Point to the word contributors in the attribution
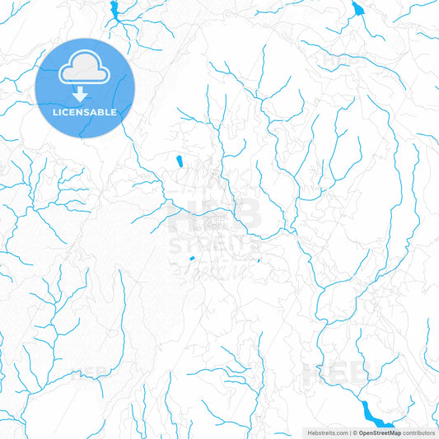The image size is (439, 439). pyautogui.click(x=418, y=432)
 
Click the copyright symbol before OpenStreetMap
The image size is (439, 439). pyautogui.click(x=355, y=432)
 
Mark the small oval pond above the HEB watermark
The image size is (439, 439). pyautogui.click(x=178, y=160)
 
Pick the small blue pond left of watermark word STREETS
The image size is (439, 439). pyautogui.click(x=192, y=259)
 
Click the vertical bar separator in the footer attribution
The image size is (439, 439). pyautogui.click(x=350, y=432)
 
